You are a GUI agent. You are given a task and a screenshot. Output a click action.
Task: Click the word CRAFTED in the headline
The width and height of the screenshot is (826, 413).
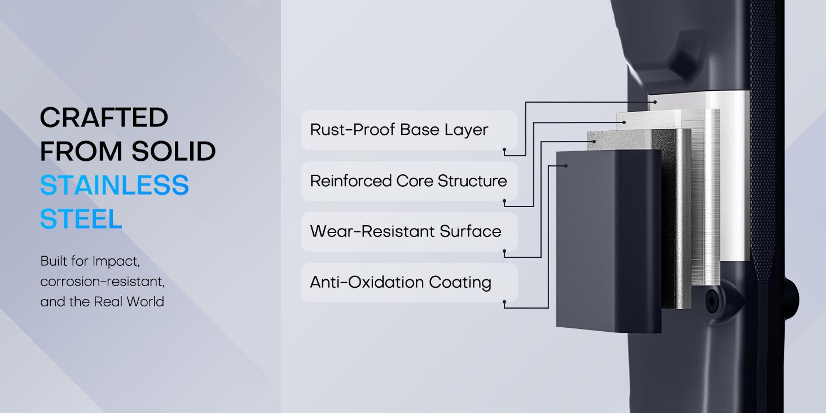[104, 118]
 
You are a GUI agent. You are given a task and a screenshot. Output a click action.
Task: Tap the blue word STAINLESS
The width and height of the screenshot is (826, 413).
[114, 186]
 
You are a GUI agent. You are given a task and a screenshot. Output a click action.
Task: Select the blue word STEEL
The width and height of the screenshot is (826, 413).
[81, 219]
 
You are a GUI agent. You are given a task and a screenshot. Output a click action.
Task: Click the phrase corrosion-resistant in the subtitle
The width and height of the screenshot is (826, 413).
[102, 282]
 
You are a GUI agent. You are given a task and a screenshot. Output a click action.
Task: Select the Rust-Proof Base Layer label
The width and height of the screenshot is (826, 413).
[398, 130]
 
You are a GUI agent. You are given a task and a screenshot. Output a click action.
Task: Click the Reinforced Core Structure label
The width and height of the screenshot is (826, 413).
[408, 181]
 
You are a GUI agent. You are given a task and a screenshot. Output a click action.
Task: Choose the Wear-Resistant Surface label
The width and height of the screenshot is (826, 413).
[405, 231]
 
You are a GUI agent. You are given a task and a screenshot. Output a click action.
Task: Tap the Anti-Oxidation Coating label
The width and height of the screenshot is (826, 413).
[400, 282]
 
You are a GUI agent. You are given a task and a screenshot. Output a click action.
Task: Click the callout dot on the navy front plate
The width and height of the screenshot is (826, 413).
[565, 165]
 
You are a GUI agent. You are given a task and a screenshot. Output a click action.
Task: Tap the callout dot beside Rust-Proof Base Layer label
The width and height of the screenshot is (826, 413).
[505, 151]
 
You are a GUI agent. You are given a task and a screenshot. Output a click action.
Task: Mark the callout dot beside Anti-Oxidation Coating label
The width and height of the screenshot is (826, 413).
[505, 304]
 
